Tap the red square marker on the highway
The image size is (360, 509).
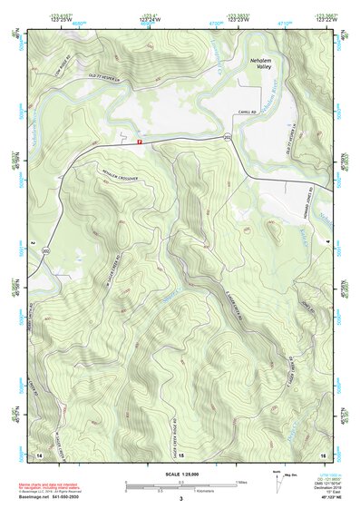point(139,142)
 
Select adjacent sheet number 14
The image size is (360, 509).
point(39,453)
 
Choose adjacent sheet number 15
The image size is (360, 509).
point(181,453)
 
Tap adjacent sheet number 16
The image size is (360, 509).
point(323,453)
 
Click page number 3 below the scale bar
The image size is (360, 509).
point(181,500)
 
